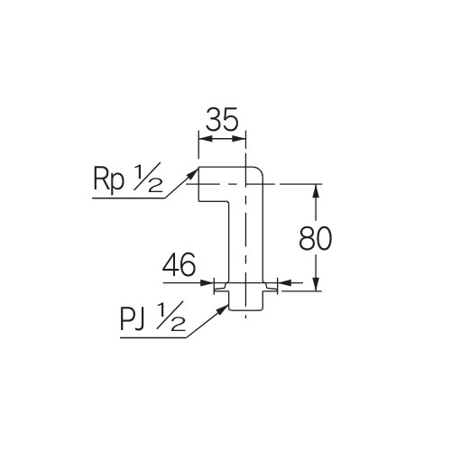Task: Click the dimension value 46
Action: (x=179, y=266)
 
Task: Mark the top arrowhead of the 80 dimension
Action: (x=317, y=189)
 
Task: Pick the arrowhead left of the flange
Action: (x=208, y=283)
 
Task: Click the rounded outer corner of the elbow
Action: (x=255, y=173)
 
